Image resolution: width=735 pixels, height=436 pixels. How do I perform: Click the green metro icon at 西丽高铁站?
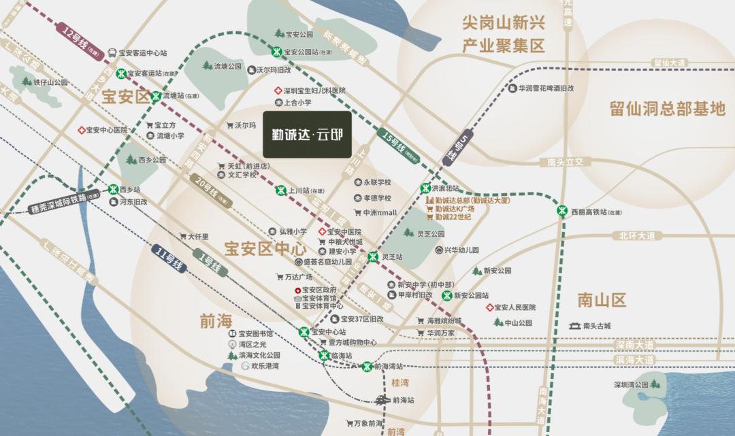click(562, 211)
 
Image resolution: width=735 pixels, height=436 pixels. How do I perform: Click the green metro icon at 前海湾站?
click(367, 366)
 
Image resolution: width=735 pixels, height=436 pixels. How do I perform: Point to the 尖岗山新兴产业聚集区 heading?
click(504, 35)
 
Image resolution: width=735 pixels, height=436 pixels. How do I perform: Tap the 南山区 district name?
click(601, 300)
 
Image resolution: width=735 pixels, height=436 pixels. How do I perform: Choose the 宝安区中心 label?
click(265, 248)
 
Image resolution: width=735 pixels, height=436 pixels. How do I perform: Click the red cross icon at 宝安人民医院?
click(489, 308)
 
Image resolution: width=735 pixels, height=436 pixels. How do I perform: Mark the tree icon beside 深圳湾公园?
click(655, 384)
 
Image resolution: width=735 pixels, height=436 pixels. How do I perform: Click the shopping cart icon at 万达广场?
click(279, 277)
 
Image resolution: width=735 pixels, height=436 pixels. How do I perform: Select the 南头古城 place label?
click(597, 326)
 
